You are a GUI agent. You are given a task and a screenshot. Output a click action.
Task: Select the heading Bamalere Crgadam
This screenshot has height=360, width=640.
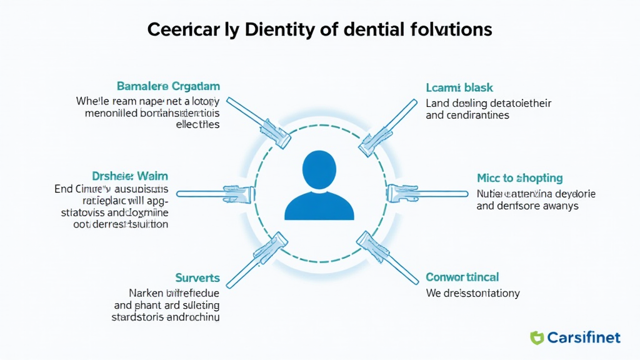(x=168, y=86)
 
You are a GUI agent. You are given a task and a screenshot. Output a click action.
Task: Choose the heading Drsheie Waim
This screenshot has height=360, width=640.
(x=130, y=176)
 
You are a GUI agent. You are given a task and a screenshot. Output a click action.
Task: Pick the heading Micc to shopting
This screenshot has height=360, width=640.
(x=519, y=178)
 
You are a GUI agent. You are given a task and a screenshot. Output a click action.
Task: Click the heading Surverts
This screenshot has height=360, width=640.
(x=198, y=277)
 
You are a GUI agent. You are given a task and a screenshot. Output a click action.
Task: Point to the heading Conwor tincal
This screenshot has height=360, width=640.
(x=462, y=277)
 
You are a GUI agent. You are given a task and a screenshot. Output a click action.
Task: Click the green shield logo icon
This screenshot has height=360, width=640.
(x=537, y=338)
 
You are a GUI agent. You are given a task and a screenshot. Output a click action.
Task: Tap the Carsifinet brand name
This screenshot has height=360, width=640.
(x=584, y=338)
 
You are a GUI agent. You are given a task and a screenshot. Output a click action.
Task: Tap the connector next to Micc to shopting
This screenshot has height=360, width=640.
(x=427, y=194)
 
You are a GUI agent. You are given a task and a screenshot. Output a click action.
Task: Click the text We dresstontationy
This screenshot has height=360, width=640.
(x=472, y=292)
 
